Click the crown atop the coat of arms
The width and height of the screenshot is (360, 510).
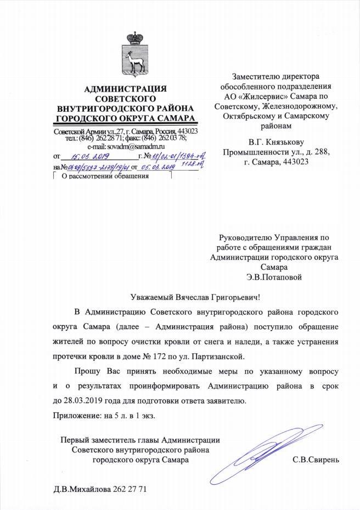(132, 38)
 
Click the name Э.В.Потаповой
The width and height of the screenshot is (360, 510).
(274, 277)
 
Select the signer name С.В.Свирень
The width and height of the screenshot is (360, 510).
(316, 460)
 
